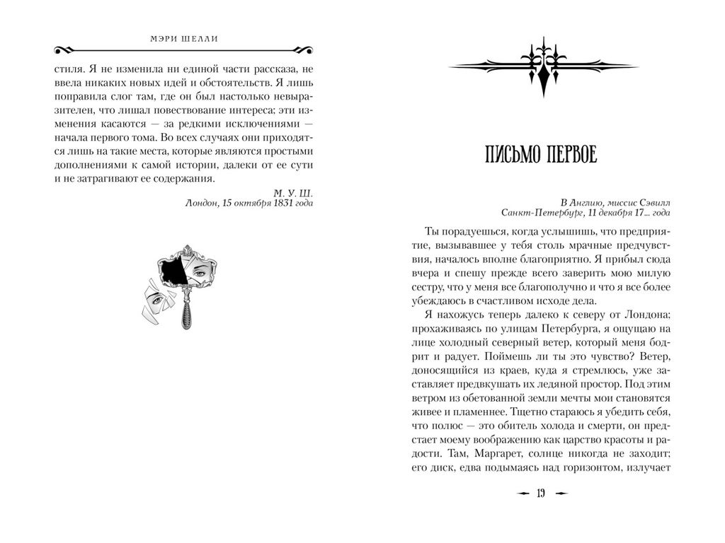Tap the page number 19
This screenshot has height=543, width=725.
[542, 494]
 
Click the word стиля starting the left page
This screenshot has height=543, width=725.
[67, 70]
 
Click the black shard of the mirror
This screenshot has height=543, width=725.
[174, 271]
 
